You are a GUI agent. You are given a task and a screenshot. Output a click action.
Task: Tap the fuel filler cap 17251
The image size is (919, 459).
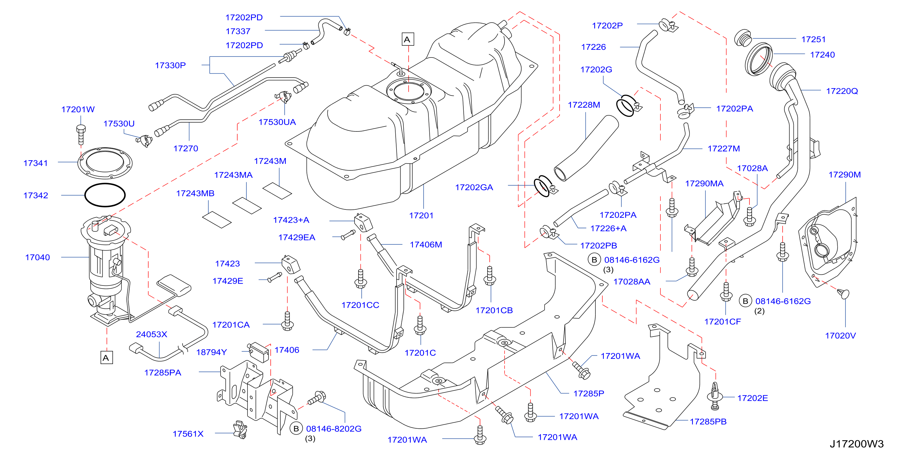tap(743, 37)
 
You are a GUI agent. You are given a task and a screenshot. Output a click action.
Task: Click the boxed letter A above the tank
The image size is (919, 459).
tap(407, 39)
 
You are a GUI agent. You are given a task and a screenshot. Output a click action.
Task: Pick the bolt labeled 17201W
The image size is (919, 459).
tap(81, 135)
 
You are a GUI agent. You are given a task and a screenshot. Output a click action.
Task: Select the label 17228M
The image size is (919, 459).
tap(584, 105)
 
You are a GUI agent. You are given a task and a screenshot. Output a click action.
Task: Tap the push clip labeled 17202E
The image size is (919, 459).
tap(715, 396)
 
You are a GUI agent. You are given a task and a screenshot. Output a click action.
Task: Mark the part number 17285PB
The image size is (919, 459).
tap(708, 422)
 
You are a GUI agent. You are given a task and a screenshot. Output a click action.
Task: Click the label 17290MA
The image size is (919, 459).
tap(704, 184)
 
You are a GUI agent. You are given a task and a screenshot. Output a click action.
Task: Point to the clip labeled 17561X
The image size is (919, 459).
tap(240, 429)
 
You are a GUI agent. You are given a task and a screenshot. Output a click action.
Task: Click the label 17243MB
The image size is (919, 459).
tap(195, 193)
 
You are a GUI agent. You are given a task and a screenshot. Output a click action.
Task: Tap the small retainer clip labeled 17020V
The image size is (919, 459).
tap(844, 293)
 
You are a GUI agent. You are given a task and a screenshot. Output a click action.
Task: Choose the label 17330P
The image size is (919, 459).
tap(170, 65)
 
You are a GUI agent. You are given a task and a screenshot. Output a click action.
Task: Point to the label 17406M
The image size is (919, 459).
tap(426, 245)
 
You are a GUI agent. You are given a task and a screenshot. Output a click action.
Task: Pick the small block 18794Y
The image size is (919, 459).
tap(258, 352)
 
